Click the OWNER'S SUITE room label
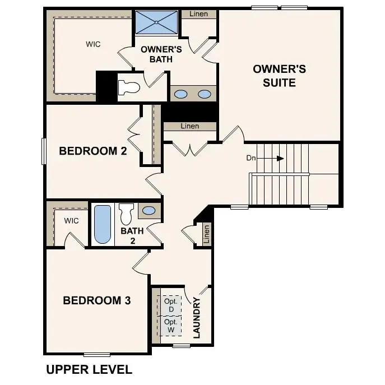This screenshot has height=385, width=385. point(279,76)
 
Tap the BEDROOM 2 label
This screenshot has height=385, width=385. point(93,151)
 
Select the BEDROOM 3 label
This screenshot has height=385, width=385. point(97,301)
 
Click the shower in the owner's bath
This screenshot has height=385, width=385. point(156,22)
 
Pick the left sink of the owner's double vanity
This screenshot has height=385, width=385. point(180,94)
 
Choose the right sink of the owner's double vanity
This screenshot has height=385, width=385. point(205,94)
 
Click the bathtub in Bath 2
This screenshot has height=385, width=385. point(102,225)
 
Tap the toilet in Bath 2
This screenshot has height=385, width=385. point(126,213)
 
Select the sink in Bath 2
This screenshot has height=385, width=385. point(149,211)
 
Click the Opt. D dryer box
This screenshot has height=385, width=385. point(171,305)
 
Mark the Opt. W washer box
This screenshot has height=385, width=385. point(171,326)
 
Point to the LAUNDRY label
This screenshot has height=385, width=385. point(197,318)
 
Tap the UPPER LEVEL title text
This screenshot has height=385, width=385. point(89,370)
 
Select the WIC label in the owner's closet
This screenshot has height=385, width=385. point(93,44)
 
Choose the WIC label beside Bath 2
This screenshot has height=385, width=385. point(71,221)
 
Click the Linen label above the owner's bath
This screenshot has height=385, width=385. point(199,14)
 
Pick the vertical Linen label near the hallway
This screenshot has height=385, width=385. point(206,234)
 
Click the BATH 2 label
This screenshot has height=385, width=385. point(132,235)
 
